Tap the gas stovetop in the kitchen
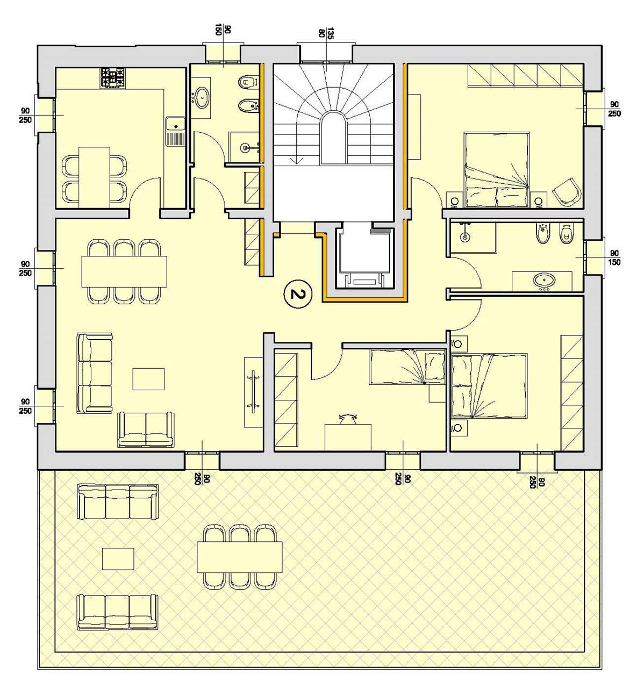pos(113,77)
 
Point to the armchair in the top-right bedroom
pos(566,192)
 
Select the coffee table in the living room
pos(148,379)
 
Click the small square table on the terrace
pos(118,558)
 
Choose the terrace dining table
pos(240,557)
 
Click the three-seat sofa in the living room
pos(95,373)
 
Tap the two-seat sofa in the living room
pos(146,429)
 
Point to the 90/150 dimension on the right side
pos(614,258)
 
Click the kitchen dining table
pos(94,177)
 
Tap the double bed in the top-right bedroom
pos(496,169)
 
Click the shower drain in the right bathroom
pos(464,237)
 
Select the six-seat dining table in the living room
pos(124,271)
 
